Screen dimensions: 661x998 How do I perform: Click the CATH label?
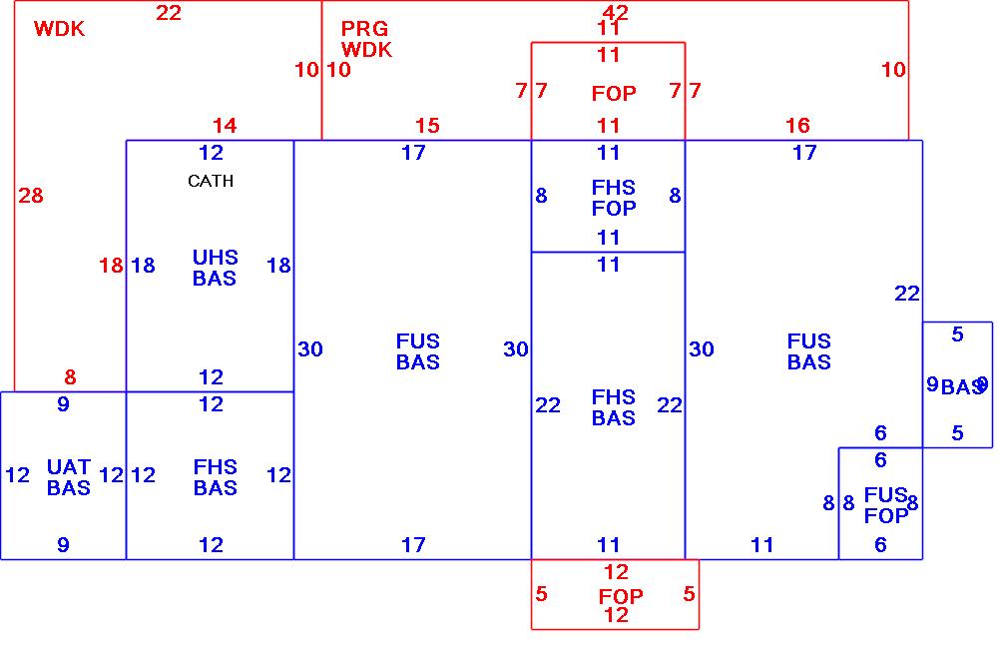[211, 181]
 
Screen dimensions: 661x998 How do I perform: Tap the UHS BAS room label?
[215, 268]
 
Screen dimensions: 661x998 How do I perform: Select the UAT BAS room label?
[68, 477]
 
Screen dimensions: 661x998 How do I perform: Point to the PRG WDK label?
[366, 39]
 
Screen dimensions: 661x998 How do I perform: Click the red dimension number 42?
[616, 12]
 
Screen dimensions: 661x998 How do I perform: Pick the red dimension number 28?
[31, 196]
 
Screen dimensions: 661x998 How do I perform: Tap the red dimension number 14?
[225, 126]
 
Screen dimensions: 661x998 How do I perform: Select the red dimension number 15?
[427, 126]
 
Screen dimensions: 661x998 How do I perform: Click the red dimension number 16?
[797, 126]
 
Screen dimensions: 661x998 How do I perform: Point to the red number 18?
[110, 266]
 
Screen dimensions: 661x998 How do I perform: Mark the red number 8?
[70, 377]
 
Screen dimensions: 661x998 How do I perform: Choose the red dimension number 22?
[169, 13]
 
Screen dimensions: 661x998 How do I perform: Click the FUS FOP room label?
[885, 505]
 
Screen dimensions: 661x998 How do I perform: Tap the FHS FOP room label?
[613, 198]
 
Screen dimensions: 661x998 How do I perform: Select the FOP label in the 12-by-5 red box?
[621, 596]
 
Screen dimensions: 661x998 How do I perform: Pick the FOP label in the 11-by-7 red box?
[614, 94]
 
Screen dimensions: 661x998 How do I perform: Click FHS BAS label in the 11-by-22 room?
[613, 407]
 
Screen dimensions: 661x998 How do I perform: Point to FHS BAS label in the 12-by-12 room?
[215, 477]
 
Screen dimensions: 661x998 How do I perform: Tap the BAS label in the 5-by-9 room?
[961, 387]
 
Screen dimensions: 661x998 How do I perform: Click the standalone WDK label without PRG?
[59, 29]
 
